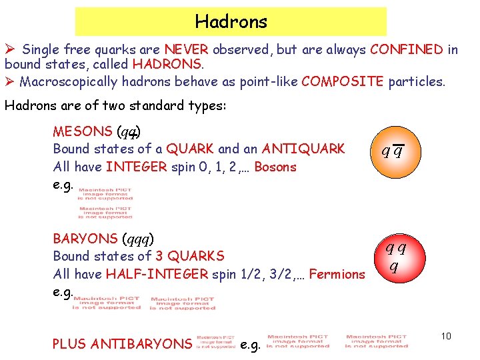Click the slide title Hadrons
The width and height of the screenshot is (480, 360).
231,21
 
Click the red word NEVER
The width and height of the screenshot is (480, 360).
186,49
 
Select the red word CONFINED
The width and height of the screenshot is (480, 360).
407,49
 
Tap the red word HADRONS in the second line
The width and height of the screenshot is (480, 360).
166,65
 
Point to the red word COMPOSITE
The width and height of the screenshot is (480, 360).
342,81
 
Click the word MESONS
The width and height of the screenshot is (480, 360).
82,131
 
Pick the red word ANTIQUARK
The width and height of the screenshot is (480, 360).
303,149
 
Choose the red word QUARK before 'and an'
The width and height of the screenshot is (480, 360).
190,149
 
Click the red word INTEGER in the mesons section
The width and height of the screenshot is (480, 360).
136,167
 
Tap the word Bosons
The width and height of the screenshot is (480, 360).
275,167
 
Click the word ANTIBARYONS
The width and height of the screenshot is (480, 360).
141,344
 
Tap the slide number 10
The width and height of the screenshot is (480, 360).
446,336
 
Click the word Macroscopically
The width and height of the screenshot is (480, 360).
69,81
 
